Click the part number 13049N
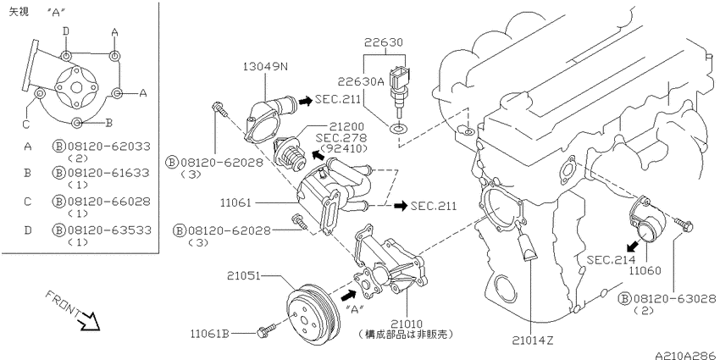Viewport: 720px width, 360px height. tap(265, 68)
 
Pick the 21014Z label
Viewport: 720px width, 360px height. tap(532, 341)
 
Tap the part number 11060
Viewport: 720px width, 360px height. tap(645, 271)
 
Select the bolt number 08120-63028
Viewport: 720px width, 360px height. tap(673, 299)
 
